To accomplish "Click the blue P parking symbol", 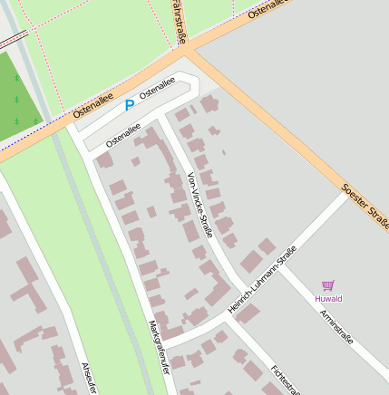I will (129, 105).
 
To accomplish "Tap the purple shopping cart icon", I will (327, 284).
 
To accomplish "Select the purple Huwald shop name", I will (328, 298).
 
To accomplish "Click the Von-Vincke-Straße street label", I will (199, 205).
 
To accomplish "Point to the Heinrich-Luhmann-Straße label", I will (262, 282).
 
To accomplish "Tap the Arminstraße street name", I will (336, 326).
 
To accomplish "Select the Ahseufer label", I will (88, 378).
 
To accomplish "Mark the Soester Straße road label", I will (365, 207).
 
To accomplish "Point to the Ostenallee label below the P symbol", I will (122, 136).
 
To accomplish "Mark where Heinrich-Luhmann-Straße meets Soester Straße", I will (347, 194).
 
